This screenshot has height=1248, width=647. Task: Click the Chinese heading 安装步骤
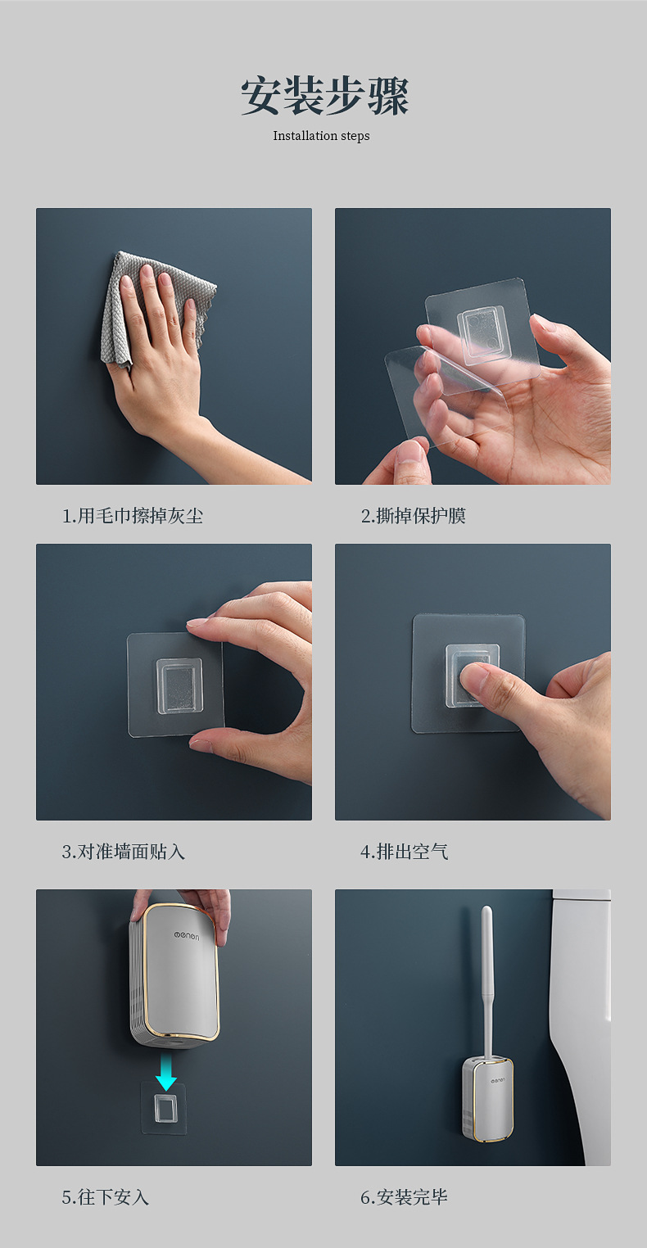[325, 96]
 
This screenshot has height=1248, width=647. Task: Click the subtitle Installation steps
[321, 136]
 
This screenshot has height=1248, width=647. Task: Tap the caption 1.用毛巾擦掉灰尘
[132, 516]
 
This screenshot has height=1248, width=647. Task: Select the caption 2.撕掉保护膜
[413, 516]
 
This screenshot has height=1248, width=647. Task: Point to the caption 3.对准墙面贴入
[123, 852]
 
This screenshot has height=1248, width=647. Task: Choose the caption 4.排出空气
[404, 852]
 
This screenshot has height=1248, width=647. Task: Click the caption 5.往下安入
[106, 1196]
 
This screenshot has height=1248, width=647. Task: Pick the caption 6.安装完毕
[404, 1196]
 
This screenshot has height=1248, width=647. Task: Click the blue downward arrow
[166, 1071]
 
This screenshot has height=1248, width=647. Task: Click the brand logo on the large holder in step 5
[186, 937]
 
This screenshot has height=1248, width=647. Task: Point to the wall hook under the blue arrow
[163, 1108]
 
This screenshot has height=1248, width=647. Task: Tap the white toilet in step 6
[580, 1025]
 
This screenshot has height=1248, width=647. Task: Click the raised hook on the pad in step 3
[179, 685]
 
